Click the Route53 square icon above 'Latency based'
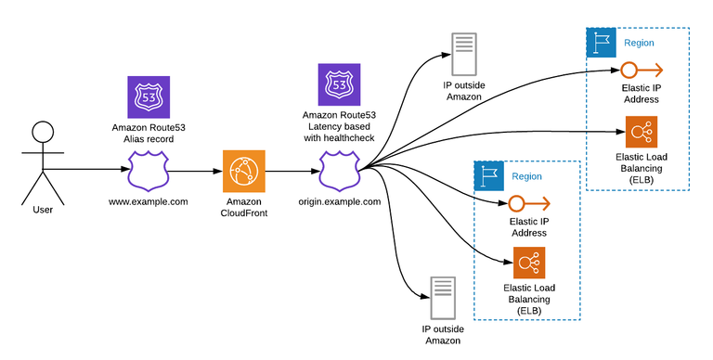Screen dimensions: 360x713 (x=339, y=84)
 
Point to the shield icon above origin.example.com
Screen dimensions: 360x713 (x=339, y=172)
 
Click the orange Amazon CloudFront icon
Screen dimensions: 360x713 (x=244, y=172)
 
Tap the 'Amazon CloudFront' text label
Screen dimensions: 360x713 (x=244, y=207)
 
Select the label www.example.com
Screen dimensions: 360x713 (x=149, y=200)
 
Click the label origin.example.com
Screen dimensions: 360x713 (x=340, y=200)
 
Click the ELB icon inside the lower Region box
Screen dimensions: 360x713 (x=529, y=264)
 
